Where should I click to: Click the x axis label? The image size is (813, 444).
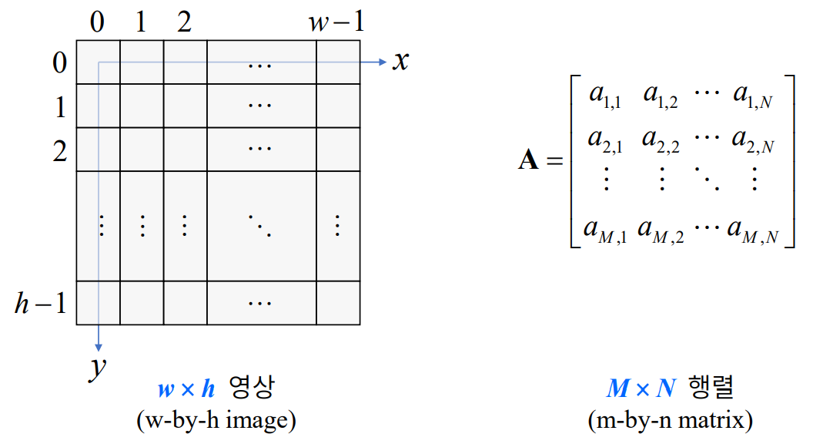click(x=400, y=61)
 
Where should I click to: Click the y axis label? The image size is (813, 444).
click(x=96, y=370)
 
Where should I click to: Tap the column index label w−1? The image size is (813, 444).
click(x=336, y=22)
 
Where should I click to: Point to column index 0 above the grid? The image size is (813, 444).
click(x=97, y=22)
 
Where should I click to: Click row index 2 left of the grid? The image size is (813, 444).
click(x=60, y=150)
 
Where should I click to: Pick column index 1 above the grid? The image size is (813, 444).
click(x=140, y=22)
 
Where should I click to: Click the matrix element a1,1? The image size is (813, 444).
click(x=605, y=96)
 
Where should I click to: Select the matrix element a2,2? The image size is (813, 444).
click(x=661, y=140)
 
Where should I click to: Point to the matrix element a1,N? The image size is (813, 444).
click(x=753, y=96)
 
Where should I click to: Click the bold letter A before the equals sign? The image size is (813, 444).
click(x=529, y=161)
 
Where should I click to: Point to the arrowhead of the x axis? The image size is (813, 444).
click(x=383, y=62)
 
